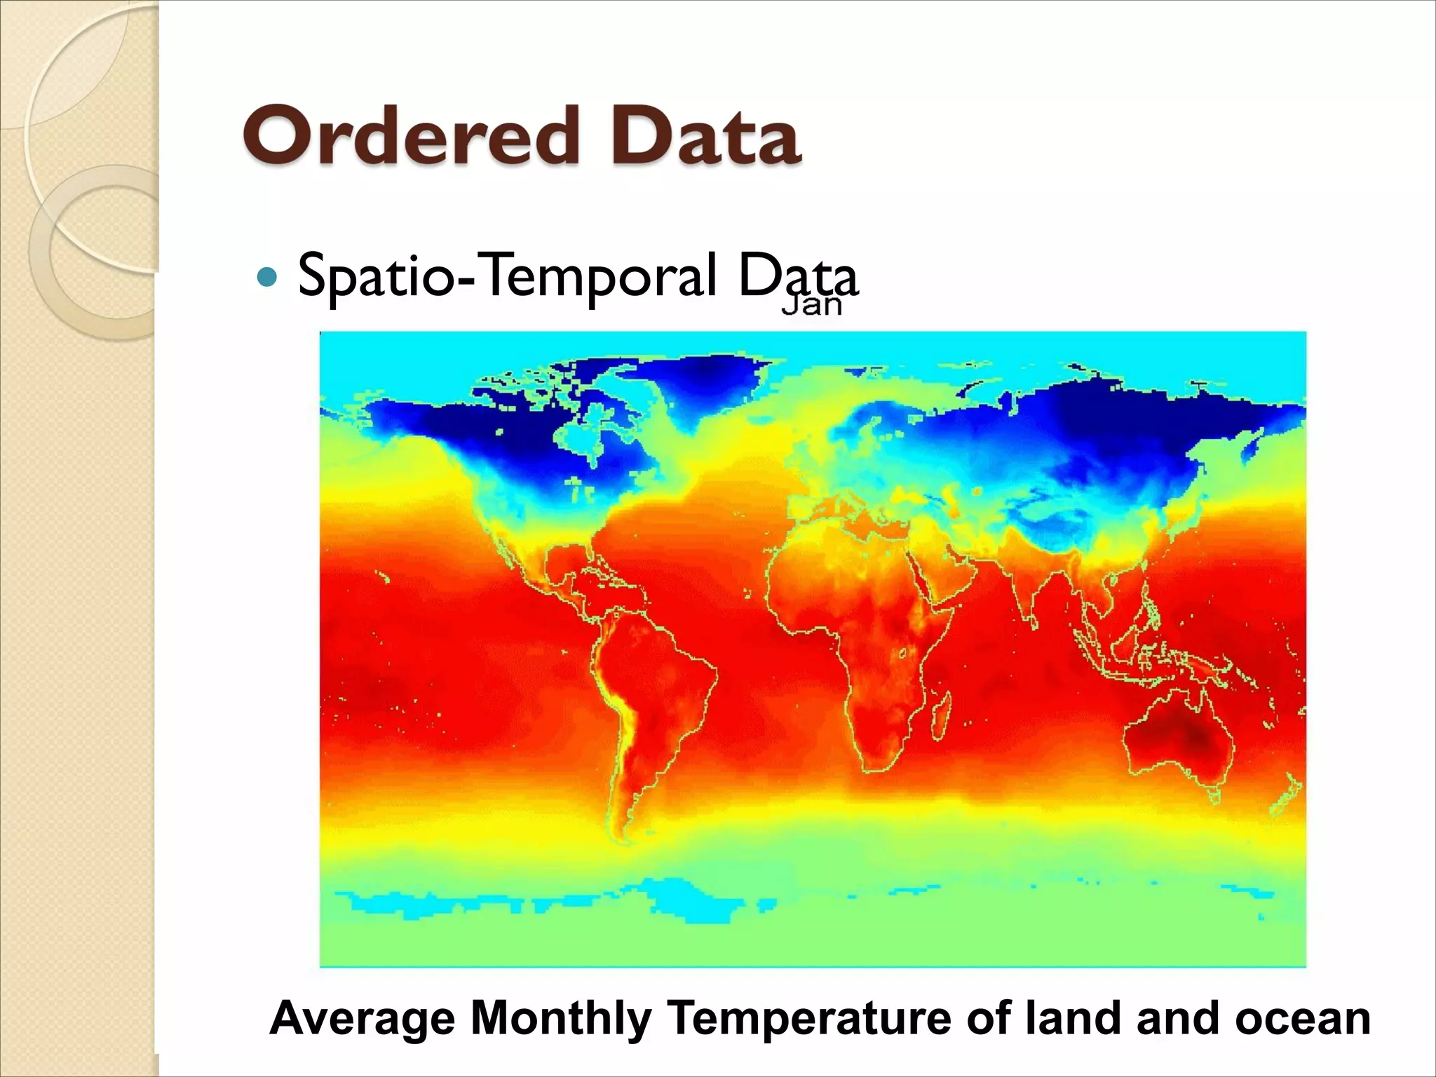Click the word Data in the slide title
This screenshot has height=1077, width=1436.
[705, 135]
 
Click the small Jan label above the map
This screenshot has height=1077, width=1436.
[811, 306]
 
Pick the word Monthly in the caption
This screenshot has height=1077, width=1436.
[560, 1018]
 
